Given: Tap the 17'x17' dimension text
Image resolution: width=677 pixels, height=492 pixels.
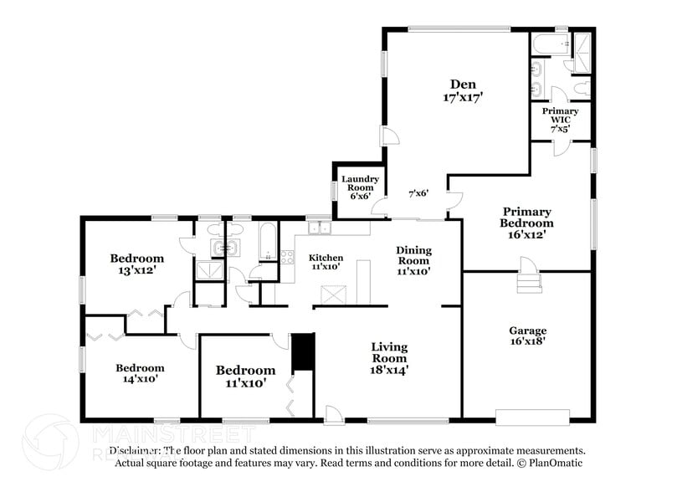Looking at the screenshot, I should coord(464,97).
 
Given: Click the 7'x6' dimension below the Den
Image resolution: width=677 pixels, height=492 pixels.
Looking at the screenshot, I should coord(418,193).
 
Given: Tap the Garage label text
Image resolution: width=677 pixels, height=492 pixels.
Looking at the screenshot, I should coord(527,331).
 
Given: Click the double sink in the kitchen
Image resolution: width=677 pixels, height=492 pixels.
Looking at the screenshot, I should coord(320,228).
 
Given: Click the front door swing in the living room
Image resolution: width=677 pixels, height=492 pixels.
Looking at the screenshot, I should coord(333,413).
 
